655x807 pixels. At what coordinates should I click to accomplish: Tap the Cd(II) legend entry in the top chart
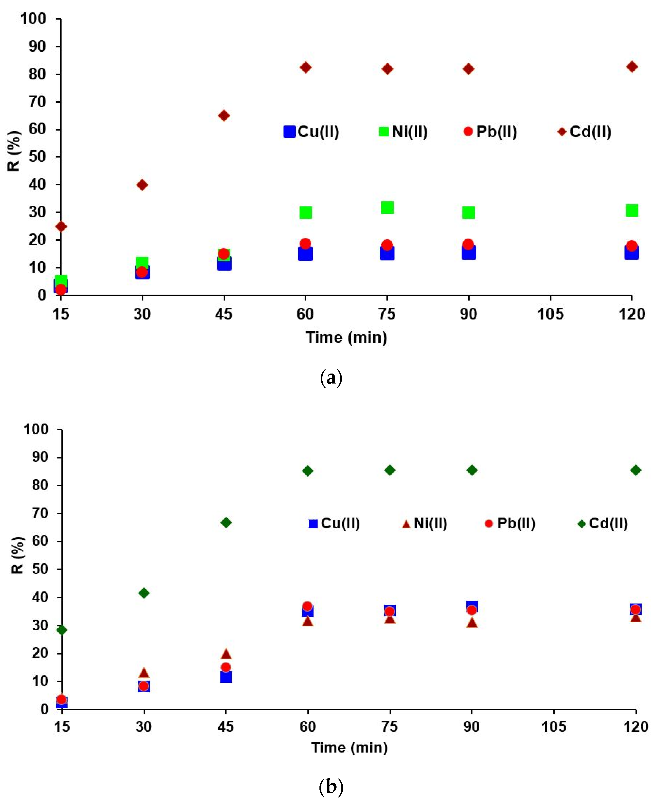point(585,132)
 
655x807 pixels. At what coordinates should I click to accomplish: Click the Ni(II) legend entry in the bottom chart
point(425,523)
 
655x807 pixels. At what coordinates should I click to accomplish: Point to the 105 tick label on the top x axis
point(550,314)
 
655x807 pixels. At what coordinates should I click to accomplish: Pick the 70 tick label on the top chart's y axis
point(37,102)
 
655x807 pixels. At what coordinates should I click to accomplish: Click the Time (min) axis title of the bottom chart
point(349,747)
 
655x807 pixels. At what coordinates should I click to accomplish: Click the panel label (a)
point(331,378)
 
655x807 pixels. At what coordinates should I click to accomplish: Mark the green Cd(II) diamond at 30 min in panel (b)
point(144,593)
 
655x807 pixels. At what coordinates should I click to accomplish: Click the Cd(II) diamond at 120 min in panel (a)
point(632,67)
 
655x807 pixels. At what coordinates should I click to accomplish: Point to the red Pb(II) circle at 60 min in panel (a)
point(306,243)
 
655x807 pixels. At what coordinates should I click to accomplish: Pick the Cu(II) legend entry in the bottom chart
point(334,523)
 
